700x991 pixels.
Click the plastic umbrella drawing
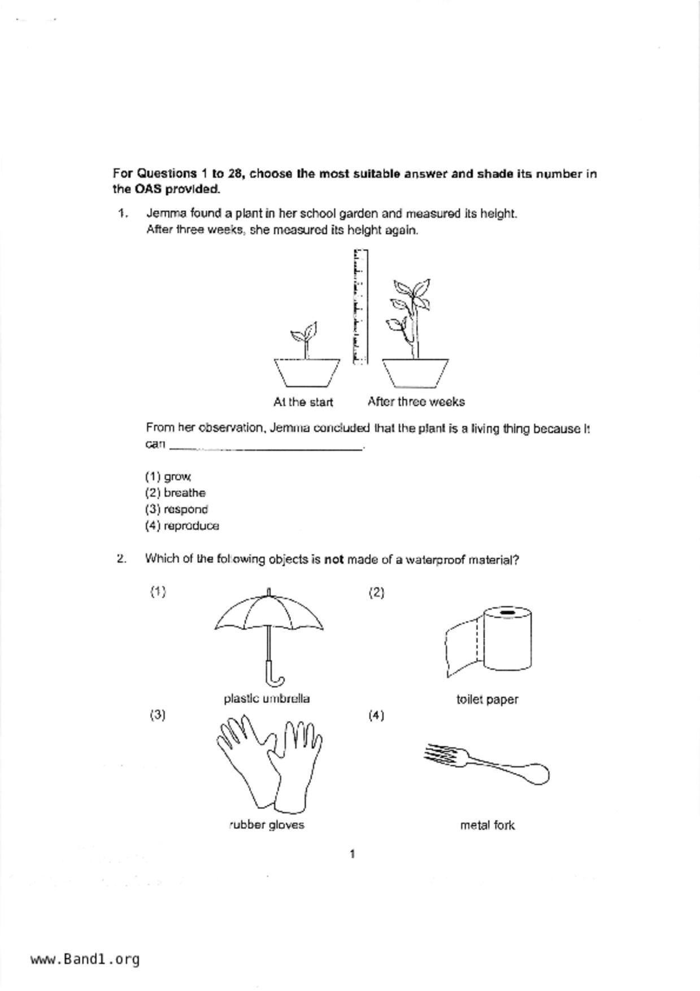(x=268, y=627)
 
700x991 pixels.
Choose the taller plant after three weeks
(x=414, y=333)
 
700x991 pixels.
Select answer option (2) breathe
(x=175, y=493)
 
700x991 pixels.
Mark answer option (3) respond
(x=176, y=509)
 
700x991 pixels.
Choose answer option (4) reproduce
(x=182, y=526)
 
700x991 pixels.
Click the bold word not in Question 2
(x=333, y=560)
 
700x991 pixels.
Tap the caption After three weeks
(x=416, y=402)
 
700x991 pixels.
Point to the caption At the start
(x=303, y=402)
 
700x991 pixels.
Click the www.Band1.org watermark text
(x=85, y=959)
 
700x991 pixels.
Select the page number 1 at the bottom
(x=353, y=854)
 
